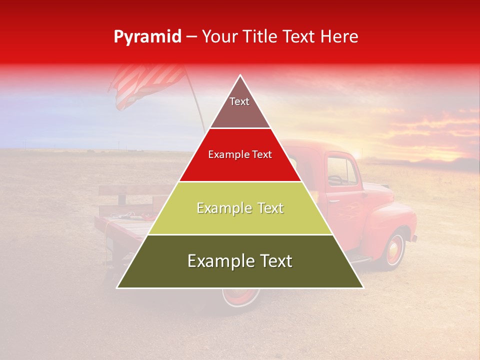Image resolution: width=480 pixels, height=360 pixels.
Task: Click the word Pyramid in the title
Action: tap(147, 36)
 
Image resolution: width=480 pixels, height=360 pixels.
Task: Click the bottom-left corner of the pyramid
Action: tap(118, 287)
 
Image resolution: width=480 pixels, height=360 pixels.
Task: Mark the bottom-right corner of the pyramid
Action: tap(362, 287)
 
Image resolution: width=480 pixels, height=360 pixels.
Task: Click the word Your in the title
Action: tap(218, 36)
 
